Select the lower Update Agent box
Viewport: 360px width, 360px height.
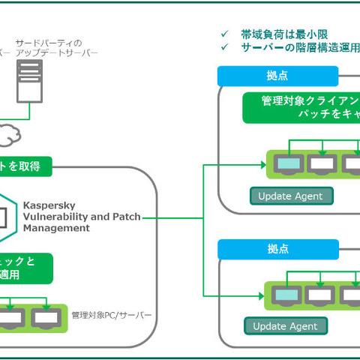(286, 325)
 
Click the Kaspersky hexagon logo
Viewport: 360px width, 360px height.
(6, 216)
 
